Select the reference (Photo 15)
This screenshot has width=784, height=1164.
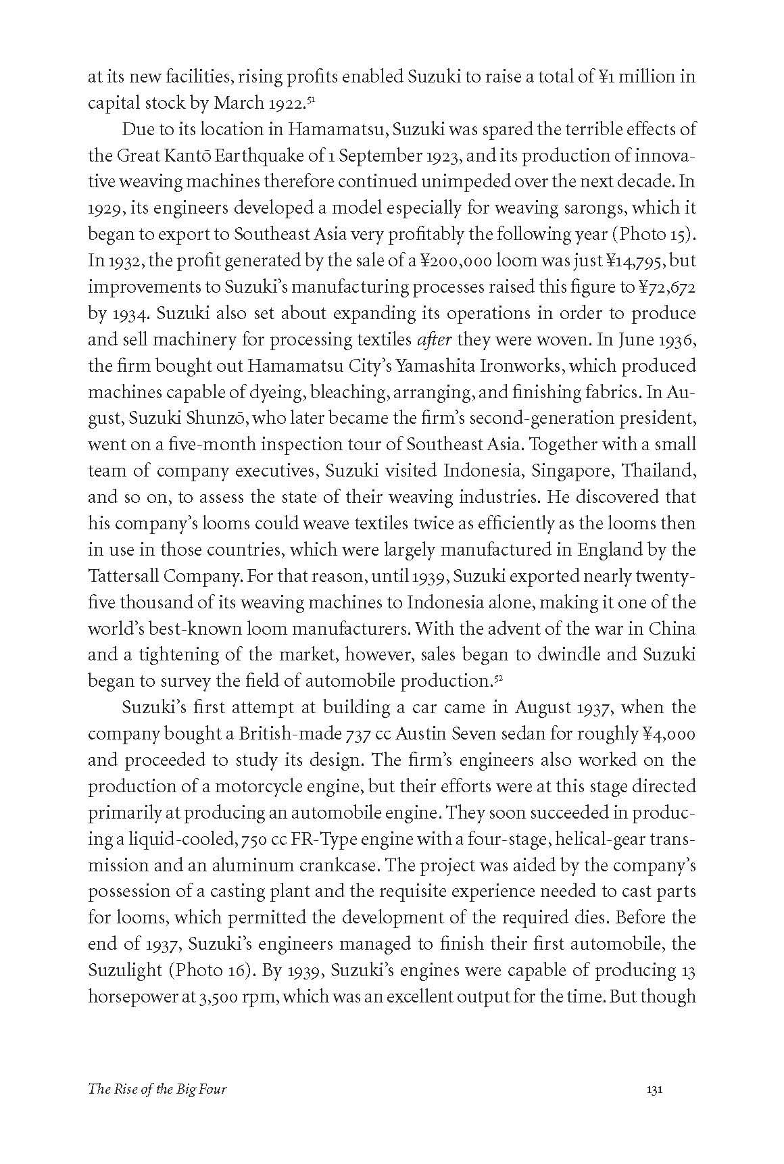654,235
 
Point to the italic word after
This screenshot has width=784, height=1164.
435,339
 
